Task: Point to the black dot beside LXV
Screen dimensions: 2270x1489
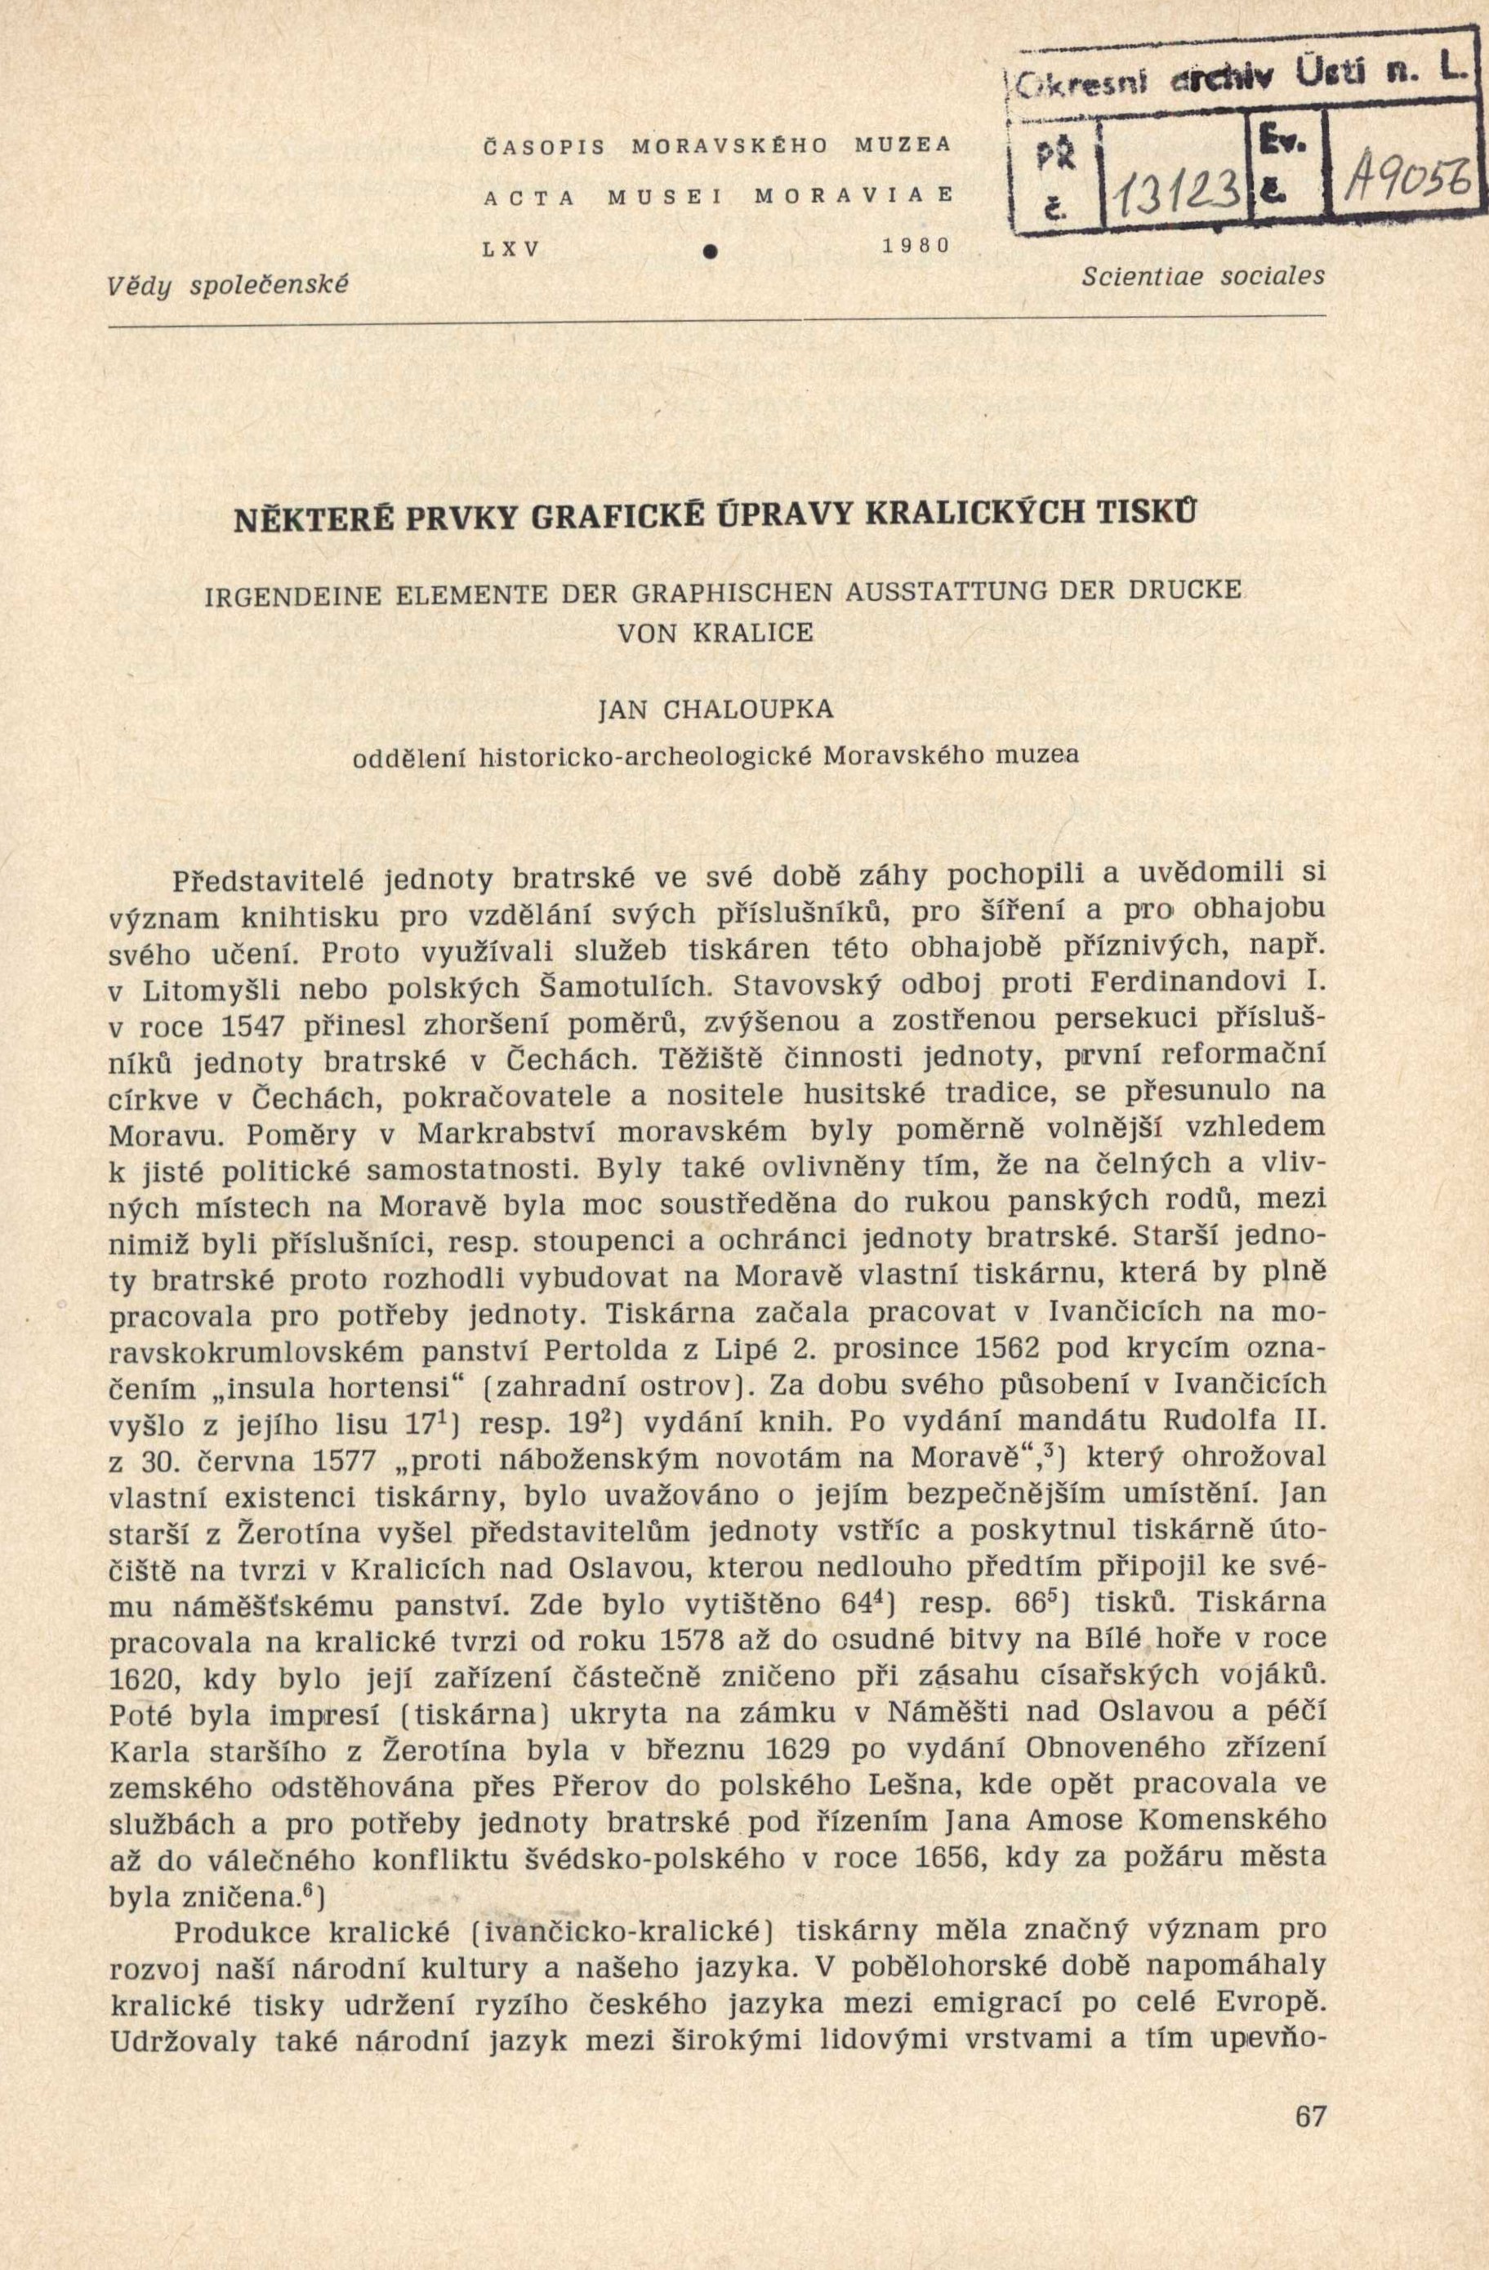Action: (x=709, y=251)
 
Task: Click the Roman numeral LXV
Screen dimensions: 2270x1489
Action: (x=512, y=247)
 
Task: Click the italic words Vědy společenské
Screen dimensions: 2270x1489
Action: (x=229, y=283)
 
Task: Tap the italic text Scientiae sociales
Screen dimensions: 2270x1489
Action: (x=1204, y=277)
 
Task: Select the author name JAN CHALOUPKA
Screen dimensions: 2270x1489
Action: (x=715, y=710)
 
